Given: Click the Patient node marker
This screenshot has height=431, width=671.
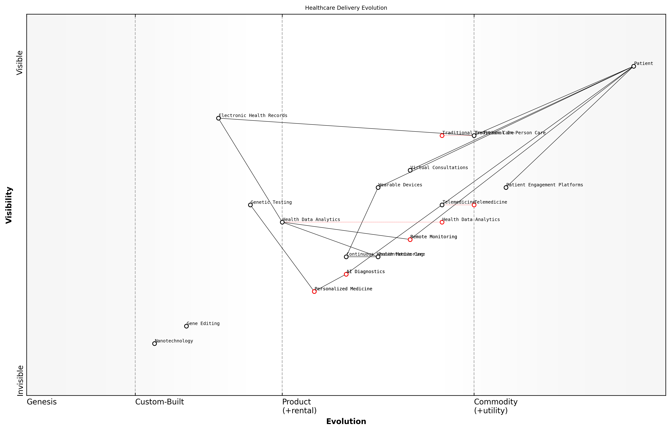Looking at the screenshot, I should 634,66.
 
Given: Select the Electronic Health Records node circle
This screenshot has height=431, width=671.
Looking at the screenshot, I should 218,118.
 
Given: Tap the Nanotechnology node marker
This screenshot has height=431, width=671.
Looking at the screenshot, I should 155,344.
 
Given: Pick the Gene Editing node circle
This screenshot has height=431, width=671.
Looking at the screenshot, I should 187,326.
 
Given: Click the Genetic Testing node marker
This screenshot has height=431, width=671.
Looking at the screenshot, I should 250,205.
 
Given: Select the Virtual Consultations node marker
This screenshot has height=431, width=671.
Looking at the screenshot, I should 410,170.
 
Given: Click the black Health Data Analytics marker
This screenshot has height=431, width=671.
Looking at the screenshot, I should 282,222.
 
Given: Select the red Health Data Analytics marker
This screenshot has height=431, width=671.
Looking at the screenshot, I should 442,222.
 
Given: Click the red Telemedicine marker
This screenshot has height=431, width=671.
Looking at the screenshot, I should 474,205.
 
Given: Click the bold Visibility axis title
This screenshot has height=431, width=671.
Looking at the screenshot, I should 9,205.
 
